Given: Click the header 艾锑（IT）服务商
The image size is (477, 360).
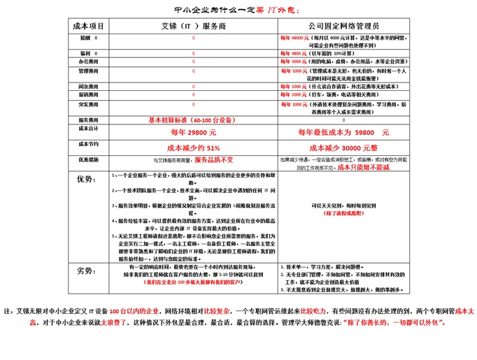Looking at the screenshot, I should point(194,25).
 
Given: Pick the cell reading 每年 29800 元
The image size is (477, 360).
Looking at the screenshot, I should point(194,132).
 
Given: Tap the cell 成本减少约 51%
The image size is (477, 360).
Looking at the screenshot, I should point(194,148).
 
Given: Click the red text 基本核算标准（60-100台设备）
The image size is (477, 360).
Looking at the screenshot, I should point(184,120).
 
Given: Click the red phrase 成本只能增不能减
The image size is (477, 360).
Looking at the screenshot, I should point(364,168).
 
